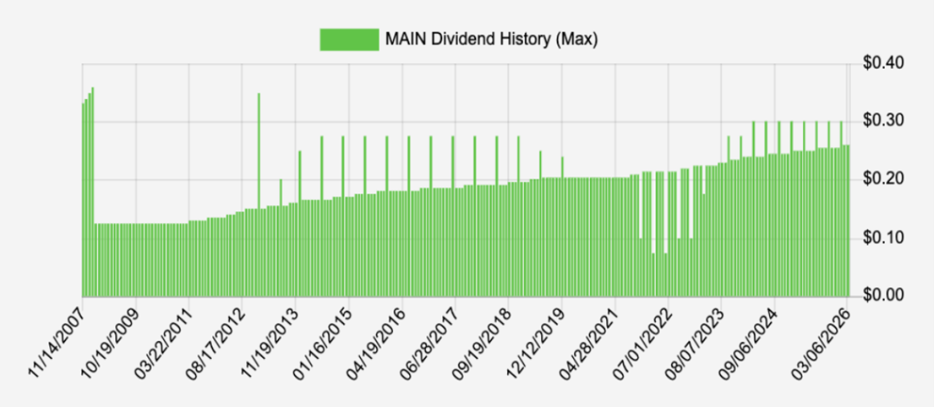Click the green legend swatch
[348, 39]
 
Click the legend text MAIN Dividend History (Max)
[491, 39]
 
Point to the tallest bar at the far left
[92, 188]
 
